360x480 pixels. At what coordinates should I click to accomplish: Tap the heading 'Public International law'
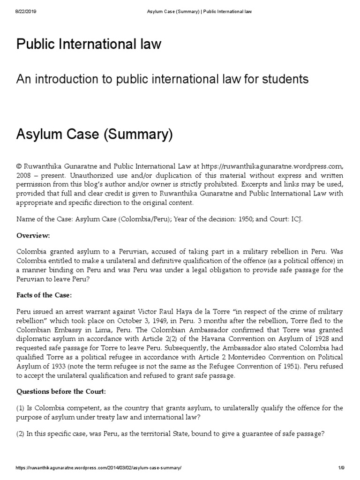89,45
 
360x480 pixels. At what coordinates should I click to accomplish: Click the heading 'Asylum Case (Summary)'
95,136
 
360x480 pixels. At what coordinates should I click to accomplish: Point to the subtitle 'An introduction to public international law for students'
162,79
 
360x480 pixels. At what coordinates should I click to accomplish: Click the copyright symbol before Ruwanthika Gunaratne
19,166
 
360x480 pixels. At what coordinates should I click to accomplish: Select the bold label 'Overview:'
33,235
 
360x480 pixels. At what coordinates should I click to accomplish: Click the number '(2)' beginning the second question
22,434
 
